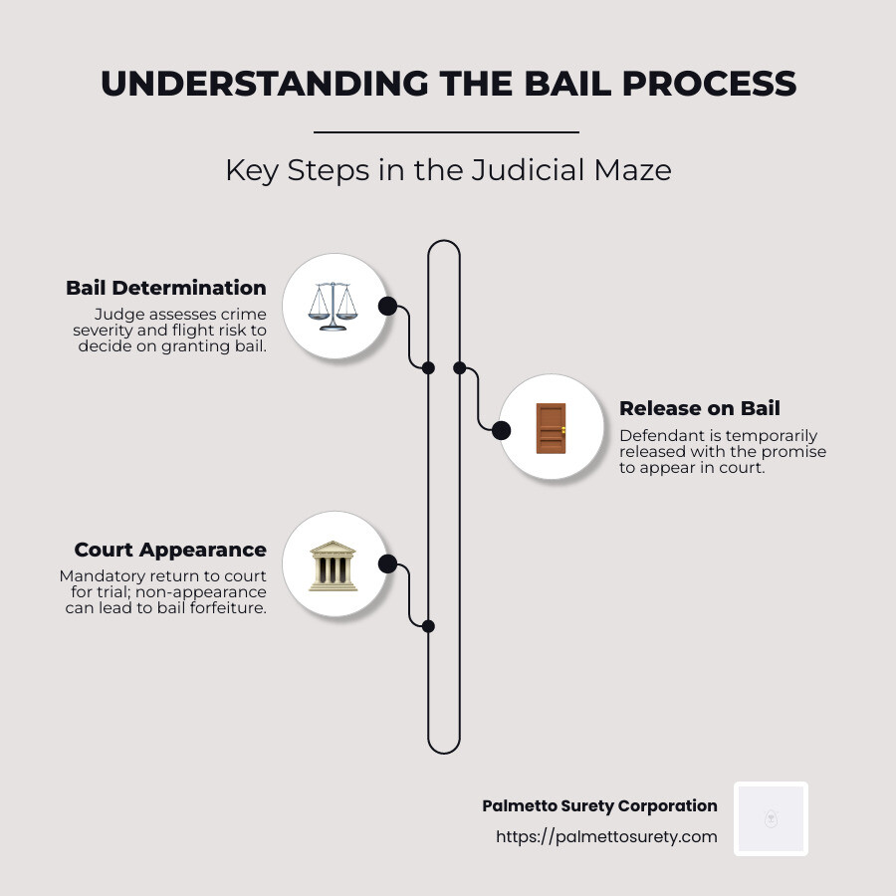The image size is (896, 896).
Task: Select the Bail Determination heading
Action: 166,288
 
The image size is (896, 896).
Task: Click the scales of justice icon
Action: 333,306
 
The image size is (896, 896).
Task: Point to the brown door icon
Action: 551,428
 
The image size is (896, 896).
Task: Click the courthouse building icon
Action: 333,564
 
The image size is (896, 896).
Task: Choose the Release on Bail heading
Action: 700,408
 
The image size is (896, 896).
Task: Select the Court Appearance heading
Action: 170,550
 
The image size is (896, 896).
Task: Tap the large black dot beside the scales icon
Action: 387,306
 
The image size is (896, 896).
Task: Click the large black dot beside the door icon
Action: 501,430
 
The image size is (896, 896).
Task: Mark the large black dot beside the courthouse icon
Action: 387,564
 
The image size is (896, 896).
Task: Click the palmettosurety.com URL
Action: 606,836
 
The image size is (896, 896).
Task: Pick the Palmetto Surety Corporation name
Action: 599,806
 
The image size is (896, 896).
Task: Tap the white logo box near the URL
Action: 771,818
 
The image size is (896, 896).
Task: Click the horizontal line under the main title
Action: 446,131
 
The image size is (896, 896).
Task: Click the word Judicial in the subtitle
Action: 521,170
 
